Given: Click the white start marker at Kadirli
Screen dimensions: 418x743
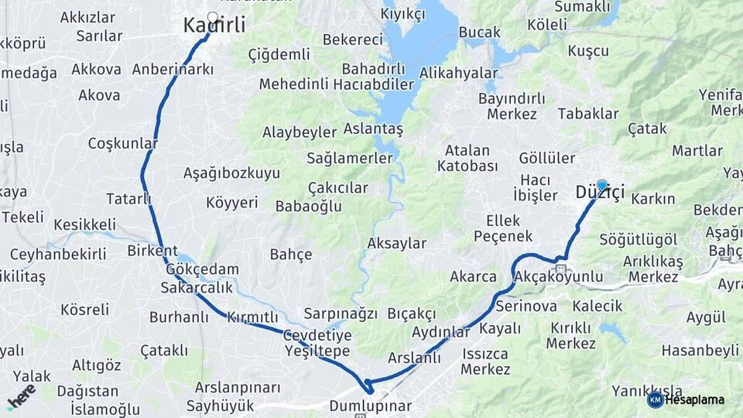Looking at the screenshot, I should (x=213, y=15).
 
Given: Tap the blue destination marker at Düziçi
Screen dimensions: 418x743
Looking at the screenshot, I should (x=601, y=185).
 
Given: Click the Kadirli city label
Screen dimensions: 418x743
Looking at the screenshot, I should (x=214, y=26).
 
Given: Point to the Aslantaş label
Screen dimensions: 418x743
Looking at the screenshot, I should (x=373, y=129).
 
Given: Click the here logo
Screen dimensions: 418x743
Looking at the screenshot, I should (x=21, y=396).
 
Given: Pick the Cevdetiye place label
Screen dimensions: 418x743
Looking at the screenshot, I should (x=317, y=335).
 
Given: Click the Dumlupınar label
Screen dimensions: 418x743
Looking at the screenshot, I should (x=370, y=406).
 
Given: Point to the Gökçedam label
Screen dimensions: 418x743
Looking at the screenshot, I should (x=202, y=269).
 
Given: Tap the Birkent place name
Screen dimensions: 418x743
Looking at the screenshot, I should (x=152, y=251).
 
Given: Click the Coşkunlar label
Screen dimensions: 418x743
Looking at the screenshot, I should (x=122, y=143).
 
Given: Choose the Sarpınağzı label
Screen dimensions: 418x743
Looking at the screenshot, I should (x=340, y=313).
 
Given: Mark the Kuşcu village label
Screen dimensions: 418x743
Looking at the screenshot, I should (x=588, y=50).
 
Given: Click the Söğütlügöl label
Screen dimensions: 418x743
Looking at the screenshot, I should (x=638, y=239).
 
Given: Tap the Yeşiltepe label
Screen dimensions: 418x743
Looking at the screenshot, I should (x=317, y=351).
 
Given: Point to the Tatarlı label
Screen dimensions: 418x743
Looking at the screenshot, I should (x=128, y=199).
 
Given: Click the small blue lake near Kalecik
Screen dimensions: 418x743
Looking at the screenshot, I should (x=612, y=333).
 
